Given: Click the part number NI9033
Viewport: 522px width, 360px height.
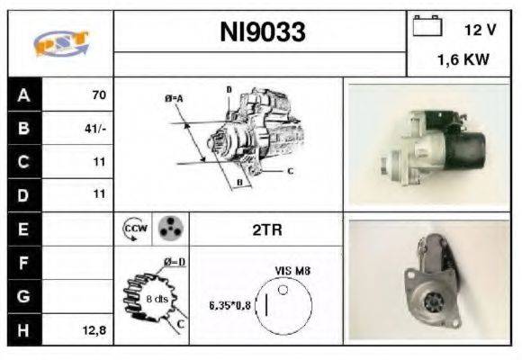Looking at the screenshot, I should (x=263, y=33).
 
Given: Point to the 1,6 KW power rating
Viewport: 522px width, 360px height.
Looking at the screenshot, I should (x=463, y=61).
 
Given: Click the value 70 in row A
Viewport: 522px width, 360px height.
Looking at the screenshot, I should (x=98, y=94).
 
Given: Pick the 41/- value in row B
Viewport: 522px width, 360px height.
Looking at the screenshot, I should (x=95, y=128).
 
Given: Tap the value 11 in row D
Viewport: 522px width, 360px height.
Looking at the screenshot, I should (x=99, y=194).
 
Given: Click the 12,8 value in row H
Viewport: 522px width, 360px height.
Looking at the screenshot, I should (x=94, y=330).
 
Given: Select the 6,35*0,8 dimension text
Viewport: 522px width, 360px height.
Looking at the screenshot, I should (x=230, y=304).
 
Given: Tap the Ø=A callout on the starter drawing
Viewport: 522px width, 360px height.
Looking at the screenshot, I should (x=174, y=97).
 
